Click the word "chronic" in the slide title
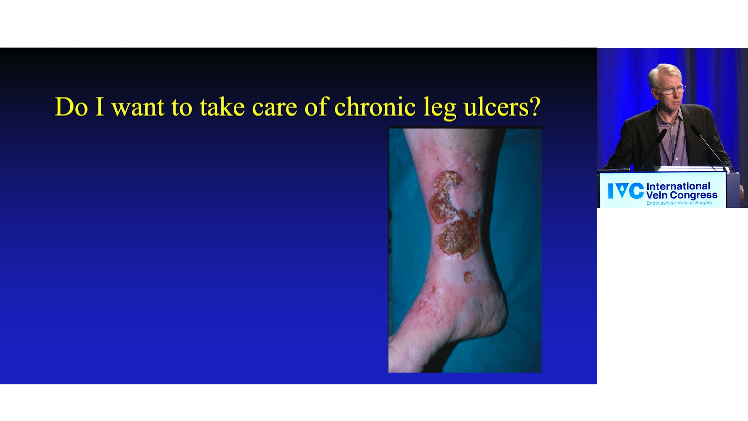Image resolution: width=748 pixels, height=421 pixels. click(x=375, y=106)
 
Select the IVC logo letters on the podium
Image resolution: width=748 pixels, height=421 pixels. click(x=625, y=191)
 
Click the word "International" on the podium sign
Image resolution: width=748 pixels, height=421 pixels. click(x=678, y=186)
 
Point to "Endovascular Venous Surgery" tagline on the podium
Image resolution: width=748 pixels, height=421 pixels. click(x=679, y=203)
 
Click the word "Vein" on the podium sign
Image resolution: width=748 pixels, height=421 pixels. click(x=657, y=195)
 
